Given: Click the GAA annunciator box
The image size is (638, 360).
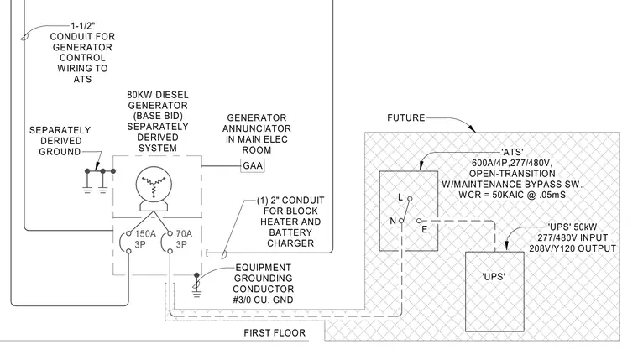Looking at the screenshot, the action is (x=253, y=165).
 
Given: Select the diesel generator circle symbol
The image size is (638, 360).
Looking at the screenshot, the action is (x=154, y=185).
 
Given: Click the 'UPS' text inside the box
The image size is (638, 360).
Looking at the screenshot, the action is (x=494, y=277).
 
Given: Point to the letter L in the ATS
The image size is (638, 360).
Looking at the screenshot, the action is (x=400, y=197).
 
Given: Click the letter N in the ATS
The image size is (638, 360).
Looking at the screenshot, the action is (x=393, y=221).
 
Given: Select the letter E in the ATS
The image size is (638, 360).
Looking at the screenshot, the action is (x=425, y=229).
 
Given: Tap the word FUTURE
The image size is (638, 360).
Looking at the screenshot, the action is (x=406, y=118).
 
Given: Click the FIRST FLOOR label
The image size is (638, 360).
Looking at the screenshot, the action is (x=275, y=333).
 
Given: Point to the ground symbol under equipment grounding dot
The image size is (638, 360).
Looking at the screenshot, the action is (x=196, y=293).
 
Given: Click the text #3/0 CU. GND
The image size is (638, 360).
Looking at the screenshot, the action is (x=264, y=300).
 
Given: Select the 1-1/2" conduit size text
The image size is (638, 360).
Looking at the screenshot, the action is (x=83, y=26).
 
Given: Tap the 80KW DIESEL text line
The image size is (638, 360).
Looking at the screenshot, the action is (x=158, y=95).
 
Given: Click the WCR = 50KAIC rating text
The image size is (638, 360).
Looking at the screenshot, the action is (x=512, y=195).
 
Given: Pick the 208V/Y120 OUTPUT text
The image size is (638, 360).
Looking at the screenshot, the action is (x=573, y=248).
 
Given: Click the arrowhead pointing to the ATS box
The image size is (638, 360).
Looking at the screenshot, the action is (x=421, y=164).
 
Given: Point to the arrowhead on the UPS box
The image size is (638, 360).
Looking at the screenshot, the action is (x=506, y=245).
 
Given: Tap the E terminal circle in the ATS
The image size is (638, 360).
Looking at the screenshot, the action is (x=419, y=221).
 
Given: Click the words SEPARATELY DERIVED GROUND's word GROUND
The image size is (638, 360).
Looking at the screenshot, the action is (x=60, y=152).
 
